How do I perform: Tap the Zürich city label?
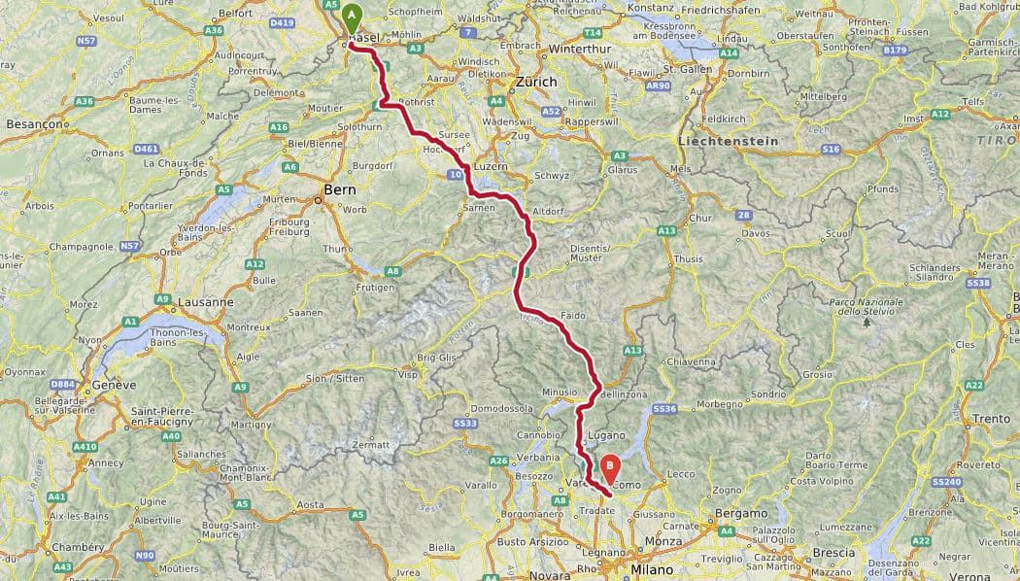537,83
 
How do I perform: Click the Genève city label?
115,385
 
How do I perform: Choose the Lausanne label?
205,302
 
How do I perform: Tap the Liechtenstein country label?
729,141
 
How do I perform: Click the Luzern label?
492,166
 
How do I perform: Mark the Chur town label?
701,219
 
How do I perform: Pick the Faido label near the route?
574,317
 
